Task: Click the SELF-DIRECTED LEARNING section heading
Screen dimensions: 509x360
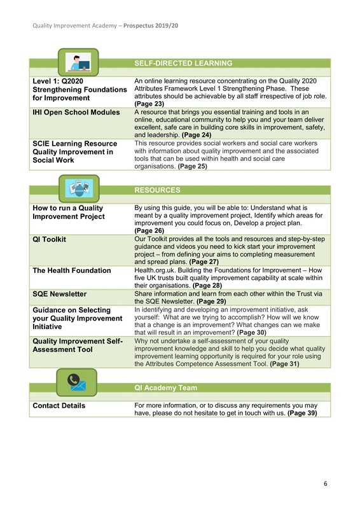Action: click(x=183, y=64)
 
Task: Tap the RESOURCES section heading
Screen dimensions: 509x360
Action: click(x=157, y=190)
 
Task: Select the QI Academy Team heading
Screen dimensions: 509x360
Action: click(x=165, y=387)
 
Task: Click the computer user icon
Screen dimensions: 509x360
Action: click(x=79, y=62)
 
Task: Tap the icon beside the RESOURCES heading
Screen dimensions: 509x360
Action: click(x=79, y=188)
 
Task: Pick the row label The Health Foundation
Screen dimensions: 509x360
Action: click(x=73, y=270)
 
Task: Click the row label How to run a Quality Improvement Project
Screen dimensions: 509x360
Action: click(x=68, y=213)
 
